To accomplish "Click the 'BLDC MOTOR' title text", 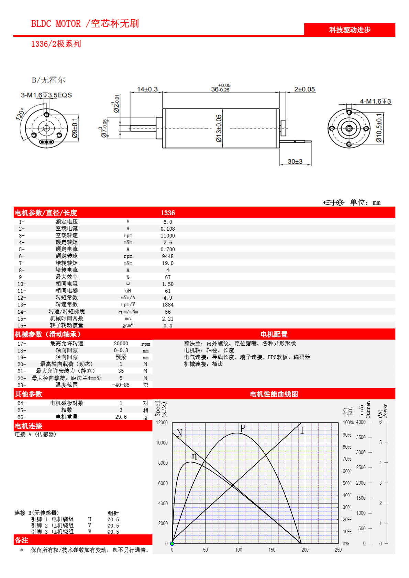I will point(56,24).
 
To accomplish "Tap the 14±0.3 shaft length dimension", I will point(147,89).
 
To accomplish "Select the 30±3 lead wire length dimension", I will point(295,161).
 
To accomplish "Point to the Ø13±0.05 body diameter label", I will point(219,128).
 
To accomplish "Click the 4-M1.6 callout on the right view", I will point(375,101).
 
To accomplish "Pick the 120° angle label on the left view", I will point(20,114).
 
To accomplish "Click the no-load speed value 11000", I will point(168,236).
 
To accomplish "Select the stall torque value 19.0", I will point(168,263).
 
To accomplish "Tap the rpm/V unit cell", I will point(128,305).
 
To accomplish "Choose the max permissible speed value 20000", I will point(121,344).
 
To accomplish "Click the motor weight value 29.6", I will point(121,417).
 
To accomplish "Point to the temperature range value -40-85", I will point(121,385).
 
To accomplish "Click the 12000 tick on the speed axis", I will point(162,423).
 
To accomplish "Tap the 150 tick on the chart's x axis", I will point(272,550).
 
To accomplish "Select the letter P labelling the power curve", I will point(243,429).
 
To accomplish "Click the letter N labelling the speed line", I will point(179,433).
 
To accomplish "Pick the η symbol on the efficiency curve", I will point(194,456).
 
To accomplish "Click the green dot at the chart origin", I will point(172,544).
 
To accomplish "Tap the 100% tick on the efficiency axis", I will point(348,423).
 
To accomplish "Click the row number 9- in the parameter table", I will point(22,277).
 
